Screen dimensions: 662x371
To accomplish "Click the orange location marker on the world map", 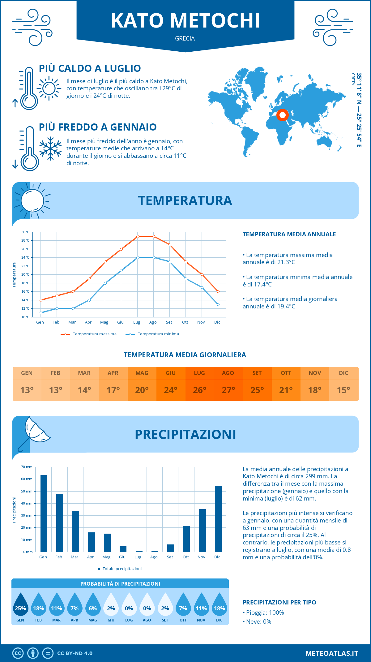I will (x=282, y=115).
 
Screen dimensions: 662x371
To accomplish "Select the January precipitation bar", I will (x=44, y=514).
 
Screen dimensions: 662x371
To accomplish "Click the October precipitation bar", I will (x=186, y=539).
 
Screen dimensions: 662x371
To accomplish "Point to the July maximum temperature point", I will (x=138, y=236).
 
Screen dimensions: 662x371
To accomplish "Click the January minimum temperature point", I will (x=41, y=313).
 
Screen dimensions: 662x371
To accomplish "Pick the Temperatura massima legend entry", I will (x=89, y=334).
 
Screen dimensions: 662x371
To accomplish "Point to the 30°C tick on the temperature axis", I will (x=25, y=232).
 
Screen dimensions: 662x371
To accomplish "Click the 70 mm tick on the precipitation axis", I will (x=27, y=467).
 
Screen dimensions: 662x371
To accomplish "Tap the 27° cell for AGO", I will (x=228, y=390).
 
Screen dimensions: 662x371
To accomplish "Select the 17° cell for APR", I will (x=113, y=390).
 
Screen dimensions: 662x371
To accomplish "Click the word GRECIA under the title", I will (x=185, y=38).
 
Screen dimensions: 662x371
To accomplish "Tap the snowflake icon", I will (x=50, y=148).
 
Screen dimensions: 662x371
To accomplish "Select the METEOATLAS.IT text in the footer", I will (x=332, y=653).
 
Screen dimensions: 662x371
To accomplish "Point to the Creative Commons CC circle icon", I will (x=18, y=653).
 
